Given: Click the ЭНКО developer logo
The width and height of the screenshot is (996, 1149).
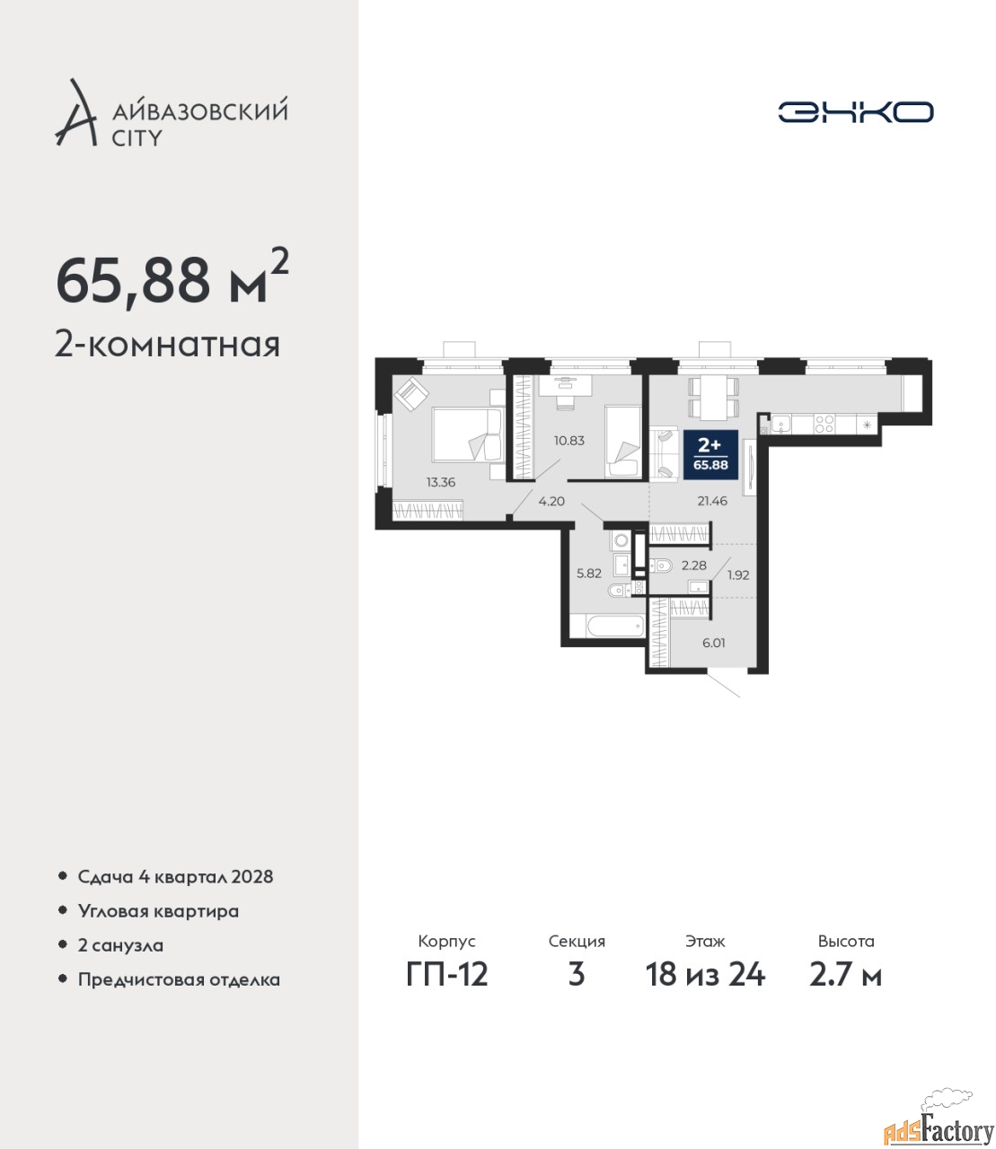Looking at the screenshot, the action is point(855,111).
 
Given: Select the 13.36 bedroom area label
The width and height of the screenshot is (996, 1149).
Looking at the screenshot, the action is point(440,483).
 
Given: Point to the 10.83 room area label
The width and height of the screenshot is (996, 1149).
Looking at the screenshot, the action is point(569,441).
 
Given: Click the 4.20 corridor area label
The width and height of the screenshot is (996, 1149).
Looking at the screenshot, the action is point(551,501).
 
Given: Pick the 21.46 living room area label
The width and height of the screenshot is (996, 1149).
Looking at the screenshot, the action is point(712,501).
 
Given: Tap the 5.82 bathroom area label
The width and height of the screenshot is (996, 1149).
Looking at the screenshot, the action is point(589,573).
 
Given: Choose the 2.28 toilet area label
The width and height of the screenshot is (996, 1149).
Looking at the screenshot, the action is point(694,566).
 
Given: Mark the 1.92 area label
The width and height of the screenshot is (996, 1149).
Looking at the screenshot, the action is point(738,575).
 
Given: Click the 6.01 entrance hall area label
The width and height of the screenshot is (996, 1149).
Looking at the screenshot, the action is point(713,643).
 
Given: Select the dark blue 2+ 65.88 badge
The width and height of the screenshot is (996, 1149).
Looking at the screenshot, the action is point(710,454).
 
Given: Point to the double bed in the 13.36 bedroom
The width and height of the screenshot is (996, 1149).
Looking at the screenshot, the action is point(468,434).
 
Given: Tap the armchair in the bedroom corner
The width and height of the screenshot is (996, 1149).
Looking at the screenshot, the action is point(411,393).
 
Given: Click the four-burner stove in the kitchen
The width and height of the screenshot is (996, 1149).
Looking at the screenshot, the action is point(824,425).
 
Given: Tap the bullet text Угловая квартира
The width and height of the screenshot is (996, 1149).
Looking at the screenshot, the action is point(158,911).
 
